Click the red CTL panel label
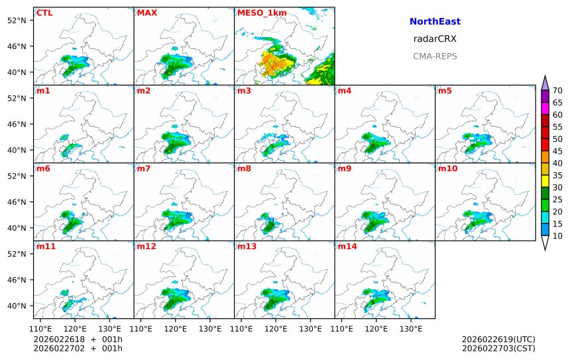coord(44,13)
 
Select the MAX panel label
coord(146,13)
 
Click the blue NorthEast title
coord(435,22)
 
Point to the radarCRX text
coord(435,39)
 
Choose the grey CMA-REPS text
coord(435,56)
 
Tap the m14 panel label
coord(347,247)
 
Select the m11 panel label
coord(46,247)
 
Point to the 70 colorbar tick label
coord(557,91)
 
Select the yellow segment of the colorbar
coord(545,180)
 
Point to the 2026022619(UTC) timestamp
coord(498,339)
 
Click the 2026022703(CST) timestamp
coord(498,348)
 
